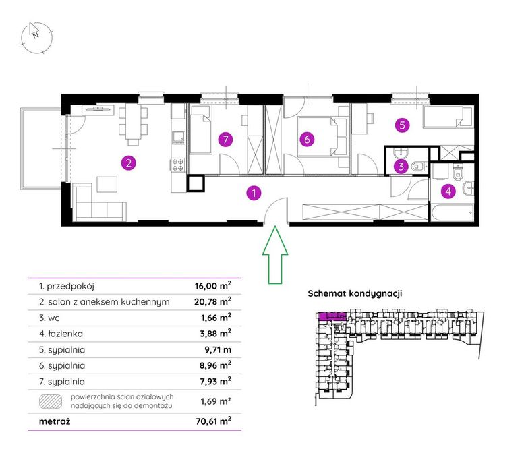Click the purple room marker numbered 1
(254, 193)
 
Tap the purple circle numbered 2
(129, 163)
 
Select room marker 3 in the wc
(401, 166)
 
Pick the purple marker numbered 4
(448, 191)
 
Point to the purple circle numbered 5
(403, 125)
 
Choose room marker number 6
(307, 139)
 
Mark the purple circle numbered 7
(225, 140)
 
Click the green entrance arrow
(275, 255)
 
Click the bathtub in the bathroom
(452, 214)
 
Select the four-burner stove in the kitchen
(178, 164)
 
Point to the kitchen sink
(178, 137)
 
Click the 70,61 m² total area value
(214, 421)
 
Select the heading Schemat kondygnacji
(355, 293)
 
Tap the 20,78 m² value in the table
(212, 301)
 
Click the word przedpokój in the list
(71, 287)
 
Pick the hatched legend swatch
(51, 401)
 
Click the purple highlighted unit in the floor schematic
(332, 316)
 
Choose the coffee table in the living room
(107, 184)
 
